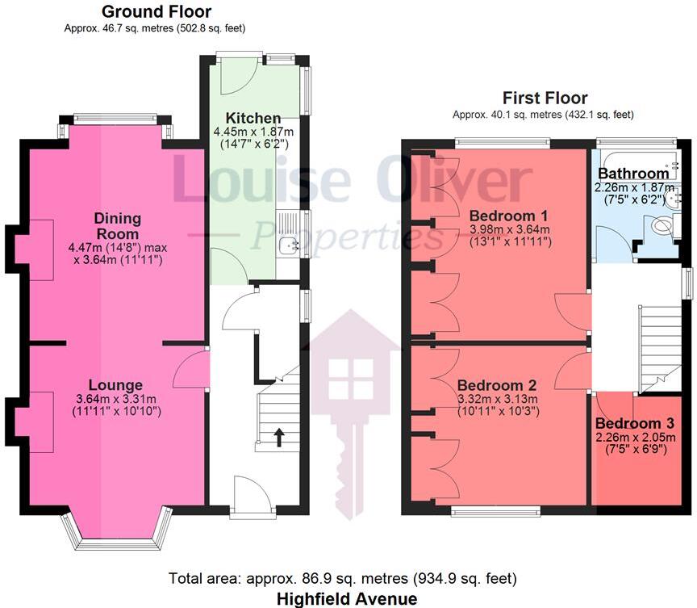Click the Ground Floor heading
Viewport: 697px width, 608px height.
pyautogui.click(x=157, y=12)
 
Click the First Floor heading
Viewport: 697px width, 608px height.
pyautogui.click(x=545, y=99)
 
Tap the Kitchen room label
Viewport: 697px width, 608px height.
pyautogui.click(x=253, y=118)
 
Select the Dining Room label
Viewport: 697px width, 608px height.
pyautogui.click(x=118, y=225)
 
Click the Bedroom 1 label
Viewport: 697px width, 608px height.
pyautogui.click(x=509, y=216)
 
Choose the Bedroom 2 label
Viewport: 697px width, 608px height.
pyautogui.click(x=498, y=385)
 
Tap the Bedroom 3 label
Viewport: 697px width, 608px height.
pyautogui.click(x=634, y=423)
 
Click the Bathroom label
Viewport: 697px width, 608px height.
pyautogui.click(x=633, y=173)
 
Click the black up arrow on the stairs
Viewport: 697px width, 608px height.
pyautogui.click(x=279, y=438)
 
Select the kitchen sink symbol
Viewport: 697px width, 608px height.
pyautogui.click(x=288, y=245)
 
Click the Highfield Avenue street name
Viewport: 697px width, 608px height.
pyautogui.click(x=347, y=598)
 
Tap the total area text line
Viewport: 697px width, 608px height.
pyautogui.click(x=343, y=578)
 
